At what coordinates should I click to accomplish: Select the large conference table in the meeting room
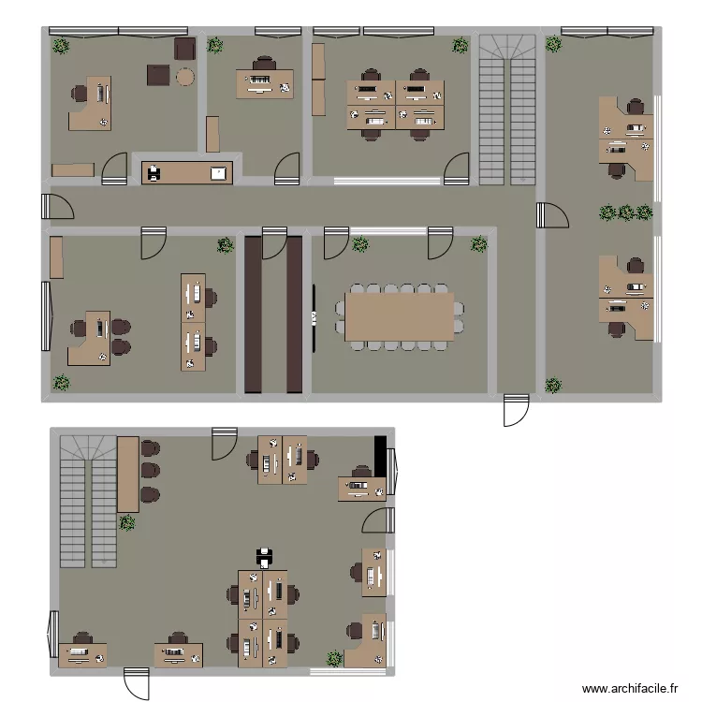click(400, 316)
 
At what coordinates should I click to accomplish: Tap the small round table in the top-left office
click(184, 76)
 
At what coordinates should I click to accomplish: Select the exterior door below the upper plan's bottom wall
click(516, 409)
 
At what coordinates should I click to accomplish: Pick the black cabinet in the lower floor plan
click(380, 457)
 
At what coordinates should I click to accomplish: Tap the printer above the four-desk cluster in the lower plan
click(265, 558)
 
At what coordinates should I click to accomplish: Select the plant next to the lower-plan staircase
click(127, 523)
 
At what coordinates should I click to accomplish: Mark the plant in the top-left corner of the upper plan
click(61, 45)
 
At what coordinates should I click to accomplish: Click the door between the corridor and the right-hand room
click(552, 215)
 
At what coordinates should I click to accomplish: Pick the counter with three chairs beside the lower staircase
click(128, 474)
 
